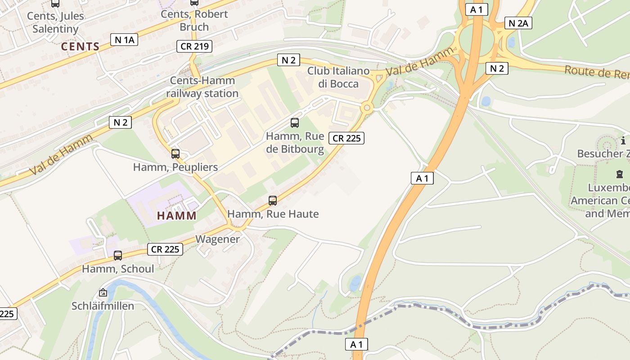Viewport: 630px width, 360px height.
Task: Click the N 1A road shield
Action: pos(124,40)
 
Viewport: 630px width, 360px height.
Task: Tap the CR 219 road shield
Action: pos(194,46)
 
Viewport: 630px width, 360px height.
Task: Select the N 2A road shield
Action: pos(518,23)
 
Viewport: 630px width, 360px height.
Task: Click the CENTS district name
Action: pos(80,46)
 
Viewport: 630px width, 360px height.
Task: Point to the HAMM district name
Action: pos(177,216)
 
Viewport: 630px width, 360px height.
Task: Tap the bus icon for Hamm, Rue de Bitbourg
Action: pos(295,122)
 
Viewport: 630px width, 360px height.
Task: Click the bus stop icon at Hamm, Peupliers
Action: pos(175,154)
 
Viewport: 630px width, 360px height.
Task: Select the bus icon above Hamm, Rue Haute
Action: pos(273,201)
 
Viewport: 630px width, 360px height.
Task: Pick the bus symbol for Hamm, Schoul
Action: pos(118,256)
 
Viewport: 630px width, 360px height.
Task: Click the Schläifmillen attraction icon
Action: pos(103,293)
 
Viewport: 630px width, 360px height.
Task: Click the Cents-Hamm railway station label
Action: pos(202,87)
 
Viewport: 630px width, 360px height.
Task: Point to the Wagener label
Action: pos(218,239)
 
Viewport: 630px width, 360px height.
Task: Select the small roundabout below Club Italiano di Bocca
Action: pos(367,108)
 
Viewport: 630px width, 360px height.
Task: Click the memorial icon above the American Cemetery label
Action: pos(619,174)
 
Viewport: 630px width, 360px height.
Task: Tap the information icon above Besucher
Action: pos(623,139)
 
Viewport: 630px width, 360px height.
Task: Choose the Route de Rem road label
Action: pos(596,72)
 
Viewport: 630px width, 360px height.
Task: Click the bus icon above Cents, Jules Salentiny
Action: pos(55,4)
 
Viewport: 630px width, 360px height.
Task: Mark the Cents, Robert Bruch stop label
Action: pos(194,20)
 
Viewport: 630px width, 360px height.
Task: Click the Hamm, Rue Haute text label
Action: pos(273,214)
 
